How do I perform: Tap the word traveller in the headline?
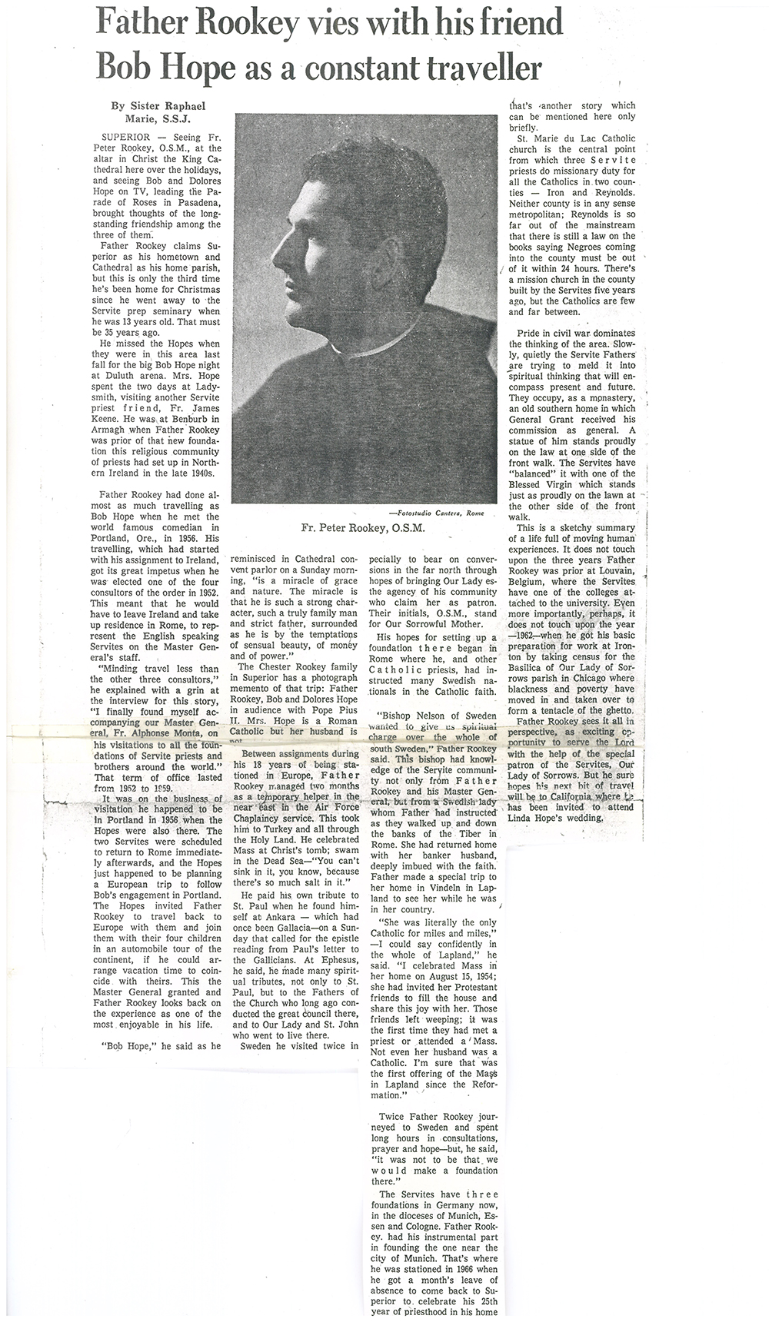click(x=477, y=70)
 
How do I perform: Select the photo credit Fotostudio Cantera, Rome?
click(x=436, y=513)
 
